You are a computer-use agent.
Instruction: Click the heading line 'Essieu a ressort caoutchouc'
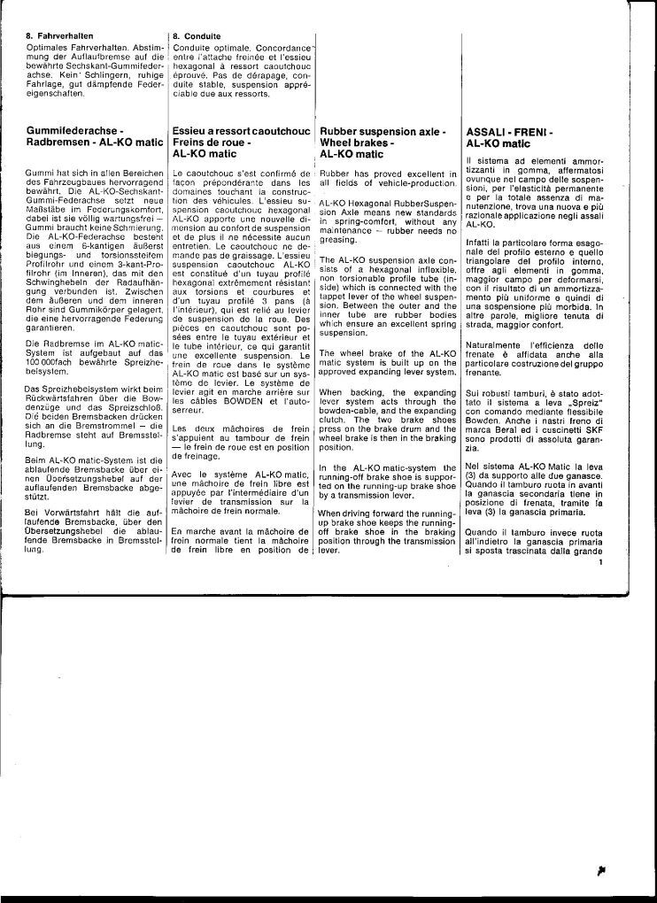click(x=242, y=130)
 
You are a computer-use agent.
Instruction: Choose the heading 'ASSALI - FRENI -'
click(x=508, y=130)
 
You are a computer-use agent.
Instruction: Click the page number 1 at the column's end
click(x=600, y=560)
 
